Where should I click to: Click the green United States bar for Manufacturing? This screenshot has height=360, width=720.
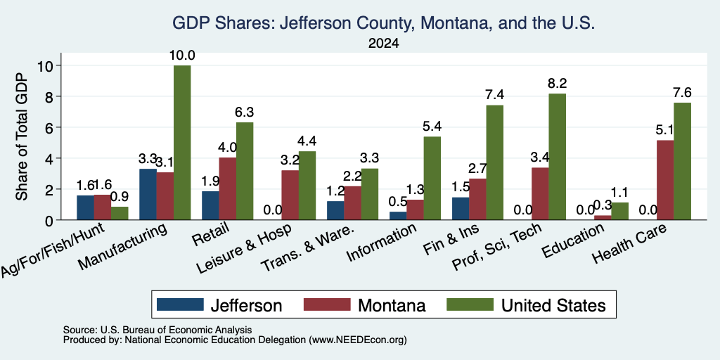pos(182,143)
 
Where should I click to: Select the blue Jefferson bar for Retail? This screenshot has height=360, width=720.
pos(210,205)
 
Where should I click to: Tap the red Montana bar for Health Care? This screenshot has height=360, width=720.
pos(665,180)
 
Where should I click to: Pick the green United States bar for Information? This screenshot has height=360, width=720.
pos(432,178)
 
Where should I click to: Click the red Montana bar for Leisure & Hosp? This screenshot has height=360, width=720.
pos(290,195)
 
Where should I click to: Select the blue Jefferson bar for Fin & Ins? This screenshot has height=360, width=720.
pos(461,208)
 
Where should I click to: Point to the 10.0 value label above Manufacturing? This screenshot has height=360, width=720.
pos(182,56)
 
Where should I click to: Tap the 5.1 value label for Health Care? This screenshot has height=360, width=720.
pos(665,130)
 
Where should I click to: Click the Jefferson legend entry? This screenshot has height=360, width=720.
pos(219,305)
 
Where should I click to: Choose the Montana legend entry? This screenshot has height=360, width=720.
pos(365,305)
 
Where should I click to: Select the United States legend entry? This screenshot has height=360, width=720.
pos(526,305)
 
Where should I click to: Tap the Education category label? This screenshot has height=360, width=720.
pos(574,242)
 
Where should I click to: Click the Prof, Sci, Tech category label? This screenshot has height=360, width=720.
pos(497,247)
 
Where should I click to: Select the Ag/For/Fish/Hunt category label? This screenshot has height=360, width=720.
pos(53,250)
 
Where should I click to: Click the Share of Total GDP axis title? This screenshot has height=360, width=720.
pos(22,136)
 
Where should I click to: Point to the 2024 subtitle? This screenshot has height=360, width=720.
pos(383,44)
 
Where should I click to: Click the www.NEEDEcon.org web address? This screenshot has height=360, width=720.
pos(358,340)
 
